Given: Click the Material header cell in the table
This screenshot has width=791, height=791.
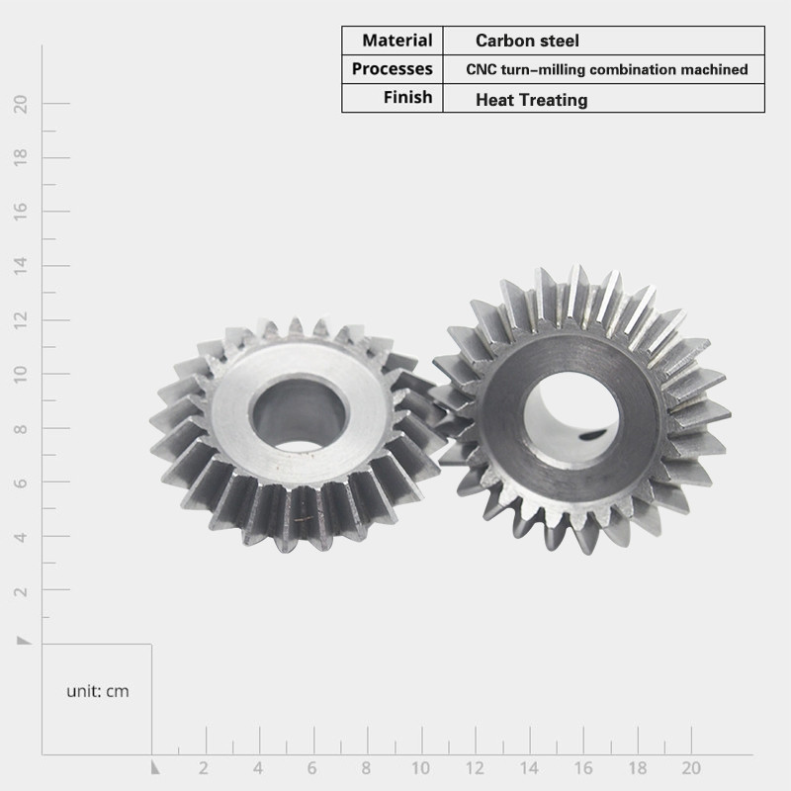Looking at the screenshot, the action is [397, 41].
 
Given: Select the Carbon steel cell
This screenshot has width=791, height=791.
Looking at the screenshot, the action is [527, 41].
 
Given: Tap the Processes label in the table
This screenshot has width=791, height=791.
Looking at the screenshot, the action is [392, 68].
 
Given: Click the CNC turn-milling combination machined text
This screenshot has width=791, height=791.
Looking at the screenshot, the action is [607, 69].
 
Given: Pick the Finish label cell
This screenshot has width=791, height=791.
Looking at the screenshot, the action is [407, 97].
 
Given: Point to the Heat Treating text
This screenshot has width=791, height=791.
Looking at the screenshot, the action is [532, 100].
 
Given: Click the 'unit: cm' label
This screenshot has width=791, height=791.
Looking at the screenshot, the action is [98, 691].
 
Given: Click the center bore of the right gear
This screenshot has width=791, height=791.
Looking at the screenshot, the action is [571, 419].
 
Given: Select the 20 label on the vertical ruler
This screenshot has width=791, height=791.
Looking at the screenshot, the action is [21, 104].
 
